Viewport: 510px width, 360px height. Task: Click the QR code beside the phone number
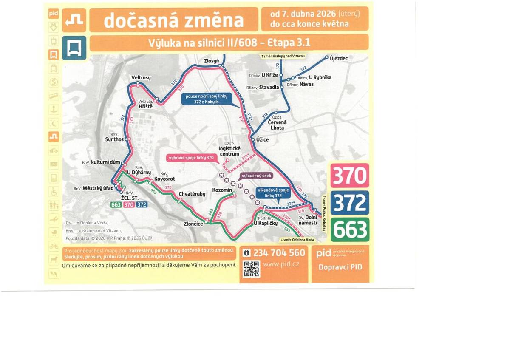(251, 269)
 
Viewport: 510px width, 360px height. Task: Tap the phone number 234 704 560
(279, 253)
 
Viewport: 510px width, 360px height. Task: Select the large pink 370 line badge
(350, 176)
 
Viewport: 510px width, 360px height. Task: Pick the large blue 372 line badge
(350, 203)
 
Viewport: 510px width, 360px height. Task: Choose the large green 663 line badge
(350, 230)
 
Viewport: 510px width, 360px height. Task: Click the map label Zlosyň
(211, 61)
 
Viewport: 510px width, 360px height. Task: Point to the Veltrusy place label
(141, 78)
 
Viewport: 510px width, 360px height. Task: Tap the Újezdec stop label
(339, 58)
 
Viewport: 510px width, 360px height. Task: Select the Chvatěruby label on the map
(192, 194)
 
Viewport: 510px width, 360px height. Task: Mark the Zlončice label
(193, 224)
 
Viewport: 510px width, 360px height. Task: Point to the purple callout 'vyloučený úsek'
(256, 175)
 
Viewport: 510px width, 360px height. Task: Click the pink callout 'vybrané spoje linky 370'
(193, 158)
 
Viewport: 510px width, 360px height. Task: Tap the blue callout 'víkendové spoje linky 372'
(273, 193)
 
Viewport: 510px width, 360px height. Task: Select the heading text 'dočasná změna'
(174, 20)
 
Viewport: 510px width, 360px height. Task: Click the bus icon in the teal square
(74, 48)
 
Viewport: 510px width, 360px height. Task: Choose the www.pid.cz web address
(281, 264)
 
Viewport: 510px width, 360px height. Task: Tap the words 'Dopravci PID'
(340, 267)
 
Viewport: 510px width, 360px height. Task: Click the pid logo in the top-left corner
(53, 13)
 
